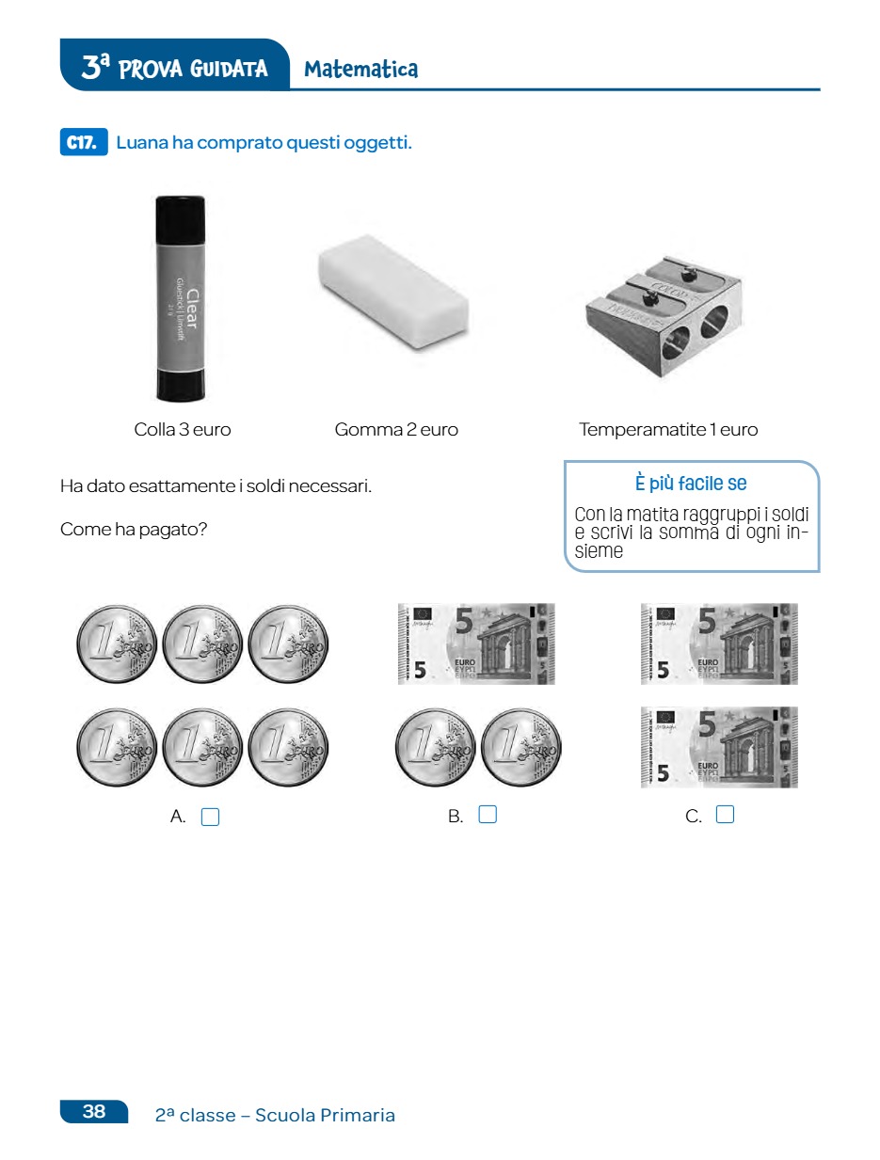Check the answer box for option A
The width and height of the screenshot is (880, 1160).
210,817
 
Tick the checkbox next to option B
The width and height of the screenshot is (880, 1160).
488,814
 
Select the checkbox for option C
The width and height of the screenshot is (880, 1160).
725,814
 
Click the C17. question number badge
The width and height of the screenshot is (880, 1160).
84,142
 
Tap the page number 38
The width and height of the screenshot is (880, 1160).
94,1111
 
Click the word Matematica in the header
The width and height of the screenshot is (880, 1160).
361,70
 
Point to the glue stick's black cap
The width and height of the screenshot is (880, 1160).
180,219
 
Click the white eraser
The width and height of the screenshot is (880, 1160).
393,292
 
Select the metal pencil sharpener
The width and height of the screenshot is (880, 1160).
664,316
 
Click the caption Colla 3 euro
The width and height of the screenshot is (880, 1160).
183,429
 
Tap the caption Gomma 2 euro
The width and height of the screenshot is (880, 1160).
396,429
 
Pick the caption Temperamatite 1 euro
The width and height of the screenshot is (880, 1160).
668,429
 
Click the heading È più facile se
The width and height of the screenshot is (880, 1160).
691,483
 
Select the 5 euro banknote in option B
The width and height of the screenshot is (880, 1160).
476,644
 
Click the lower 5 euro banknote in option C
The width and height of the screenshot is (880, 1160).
719,747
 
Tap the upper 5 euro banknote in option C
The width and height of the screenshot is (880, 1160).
719,644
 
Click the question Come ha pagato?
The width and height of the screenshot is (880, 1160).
134,529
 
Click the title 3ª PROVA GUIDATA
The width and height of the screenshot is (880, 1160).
174,68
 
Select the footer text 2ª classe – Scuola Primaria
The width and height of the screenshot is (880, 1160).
275,1115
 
